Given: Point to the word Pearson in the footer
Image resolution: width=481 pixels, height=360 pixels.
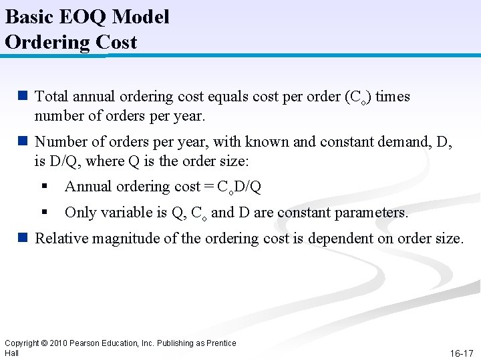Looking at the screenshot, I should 87,343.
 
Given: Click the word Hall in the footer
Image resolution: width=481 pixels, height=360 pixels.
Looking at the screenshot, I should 11,353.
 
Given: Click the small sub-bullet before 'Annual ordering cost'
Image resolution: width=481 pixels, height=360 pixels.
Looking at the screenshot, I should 43,187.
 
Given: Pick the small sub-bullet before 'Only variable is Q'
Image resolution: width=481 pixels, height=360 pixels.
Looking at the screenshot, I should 43,213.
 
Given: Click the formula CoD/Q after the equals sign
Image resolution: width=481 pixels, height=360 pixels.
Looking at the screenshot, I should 239,187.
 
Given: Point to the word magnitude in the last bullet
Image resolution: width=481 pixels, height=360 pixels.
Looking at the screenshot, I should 117,239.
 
